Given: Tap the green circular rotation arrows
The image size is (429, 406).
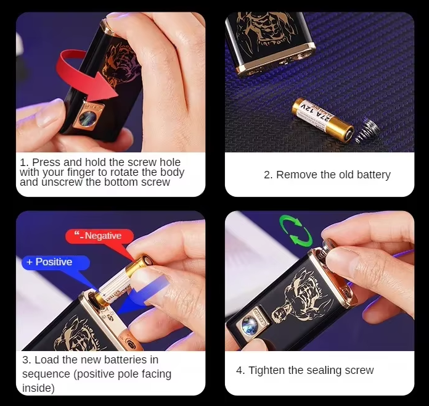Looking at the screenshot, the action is pyautogui.click(x=296, y=230).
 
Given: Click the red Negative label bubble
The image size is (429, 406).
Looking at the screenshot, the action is pyautogui.click(x=100, y=236).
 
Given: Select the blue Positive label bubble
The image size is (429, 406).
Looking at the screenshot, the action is pyautogui.click(x=55, y=262).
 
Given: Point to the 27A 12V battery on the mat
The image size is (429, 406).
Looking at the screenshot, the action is pyautogui.click(x=323, y=118).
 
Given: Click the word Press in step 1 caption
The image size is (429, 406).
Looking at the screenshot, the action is pyautogui.click(x=46, y=162).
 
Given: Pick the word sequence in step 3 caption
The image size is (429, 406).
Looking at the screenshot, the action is pyautogui.click(x=46, y=374).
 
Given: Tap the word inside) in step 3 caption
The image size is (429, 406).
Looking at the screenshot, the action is pyautogui.click(x=38, y=388).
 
